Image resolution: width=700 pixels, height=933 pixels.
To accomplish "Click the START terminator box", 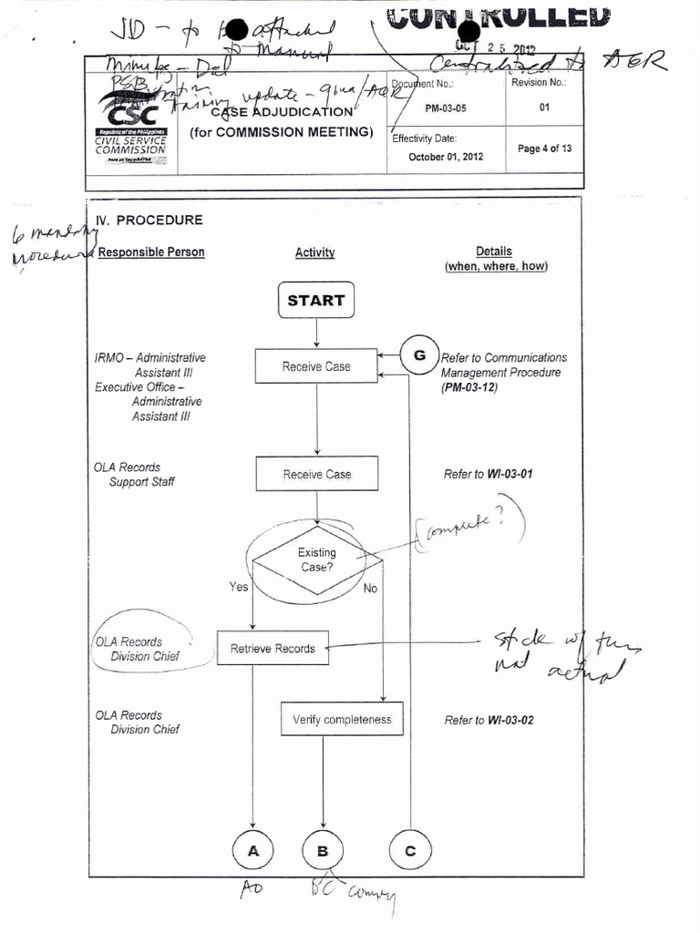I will pyautogui.click(x=316, y=301).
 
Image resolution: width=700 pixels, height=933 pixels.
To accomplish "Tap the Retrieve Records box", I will pyautogui.click(x=273, y=649).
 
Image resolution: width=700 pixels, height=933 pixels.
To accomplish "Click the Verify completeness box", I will pyautogui.click(x=342, y=720).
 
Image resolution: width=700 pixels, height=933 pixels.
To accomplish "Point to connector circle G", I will pyautogui.click(x=420, y=355).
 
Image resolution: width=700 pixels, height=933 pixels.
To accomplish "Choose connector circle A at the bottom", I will pyautogui.click(x=253, y=851).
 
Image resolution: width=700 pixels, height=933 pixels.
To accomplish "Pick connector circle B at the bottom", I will pyautogui.click(x=323, y=851).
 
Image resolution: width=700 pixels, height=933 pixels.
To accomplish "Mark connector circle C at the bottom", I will pyautogui.click(x=410, y=851).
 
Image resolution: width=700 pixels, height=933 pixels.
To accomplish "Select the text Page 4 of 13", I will pyautogui.click(x=544, y=149).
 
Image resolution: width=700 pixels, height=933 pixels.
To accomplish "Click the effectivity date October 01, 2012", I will pyautogui.click(x=446, y=156).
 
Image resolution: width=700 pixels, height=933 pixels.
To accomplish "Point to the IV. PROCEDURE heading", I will pyautogui.click(x=149, y=220).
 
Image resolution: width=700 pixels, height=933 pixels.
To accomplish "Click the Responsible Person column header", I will pyautogui.click(x=151, y=252).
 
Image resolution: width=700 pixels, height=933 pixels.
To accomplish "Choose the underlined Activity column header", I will pyautogui.click(x=315, y=253).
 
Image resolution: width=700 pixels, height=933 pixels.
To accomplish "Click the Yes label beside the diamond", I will pyautogui.click(x=239, y=587).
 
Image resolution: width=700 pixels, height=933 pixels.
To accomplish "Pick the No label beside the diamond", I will pyautogui.click(x=370, y=589).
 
